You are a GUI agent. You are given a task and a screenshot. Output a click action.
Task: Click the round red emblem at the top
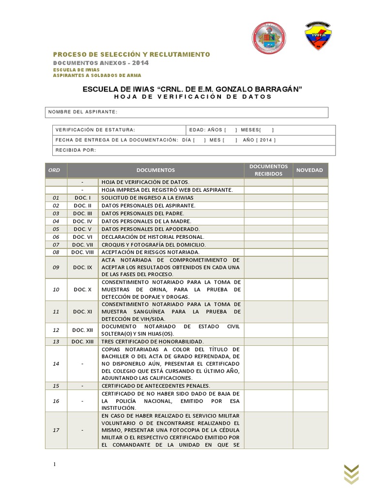coord(269,38)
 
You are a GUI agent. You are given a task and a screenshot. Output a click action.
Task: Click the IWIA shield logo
coord(318,37)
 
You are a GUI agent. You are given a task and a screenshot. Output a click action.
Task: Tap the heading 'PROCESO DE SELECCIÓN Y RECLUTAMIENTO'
coord(131,54)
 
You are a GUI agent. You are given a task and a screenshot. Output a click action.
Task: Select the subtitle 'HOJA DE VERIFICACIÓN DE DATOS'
coord(193,96)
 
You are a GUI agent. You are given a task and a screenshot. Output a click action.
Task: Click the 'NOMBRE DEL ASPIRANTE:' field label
coord(82,112)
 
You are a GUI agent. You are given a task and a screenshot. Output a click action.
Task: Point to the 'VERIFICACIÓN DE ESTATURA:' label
coord(95,130)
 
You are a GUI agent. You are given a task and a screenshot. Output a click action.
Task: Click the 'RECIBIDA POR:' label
coord(76,150)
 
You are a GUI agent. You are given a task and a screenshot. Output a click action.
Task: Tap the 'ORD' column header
coord(54,170)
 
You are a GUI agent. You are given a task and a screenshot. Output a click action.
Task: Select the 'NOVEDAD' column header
coord(310,170)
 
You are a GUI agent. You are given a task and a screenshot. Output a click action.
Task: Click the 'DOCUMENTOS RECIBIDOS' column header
coord(268,170)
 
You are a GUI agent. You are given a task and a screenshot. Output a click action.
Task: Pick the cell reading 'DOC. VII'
coord(82,245)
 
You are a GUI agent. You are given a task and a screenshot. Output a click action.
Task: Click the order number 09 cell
coord(56,267)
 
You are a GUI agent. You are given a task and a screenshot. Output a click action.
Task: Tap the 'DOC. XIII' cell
coord(82,341)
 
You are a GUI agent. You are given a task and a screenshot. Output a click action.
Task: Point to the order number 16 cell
coord(56,401)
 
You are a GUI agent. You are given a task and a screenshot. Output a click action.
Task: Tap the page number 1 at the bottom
coord(55,465)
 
